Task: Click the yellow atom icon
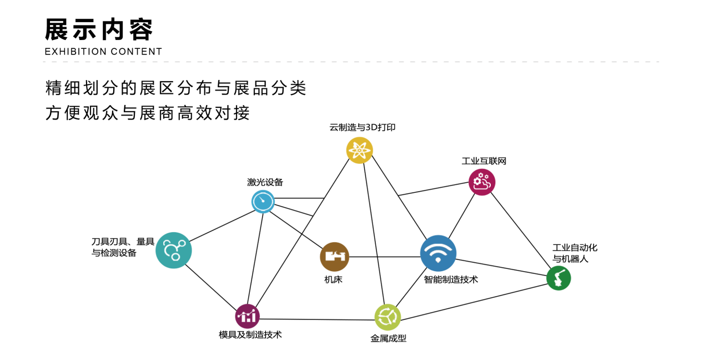coord(360,151)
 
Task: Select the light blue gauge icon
coord(263,202)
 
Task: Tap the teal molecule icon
coord(174,251)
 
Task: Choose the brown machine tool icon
coord(335,257)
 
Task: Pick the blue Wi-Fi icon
coord(438,253)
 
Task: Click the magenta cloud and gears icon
coord(482,182)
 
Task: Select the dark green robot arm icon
coord(559,278)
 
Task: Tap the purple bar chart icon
coord(248,316)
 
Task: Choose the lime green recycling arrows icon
coord(388,317)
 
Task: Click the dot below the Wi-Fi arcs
coord(438,260)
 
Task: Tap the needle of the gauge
coord(262,199)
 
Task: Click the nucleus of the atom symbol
coord(360,151)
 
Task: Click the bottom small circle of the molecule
coord(175,257)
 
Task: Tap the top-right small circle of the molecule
coord(181,243)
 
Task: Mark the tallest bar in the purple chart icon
coord(254,317)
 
